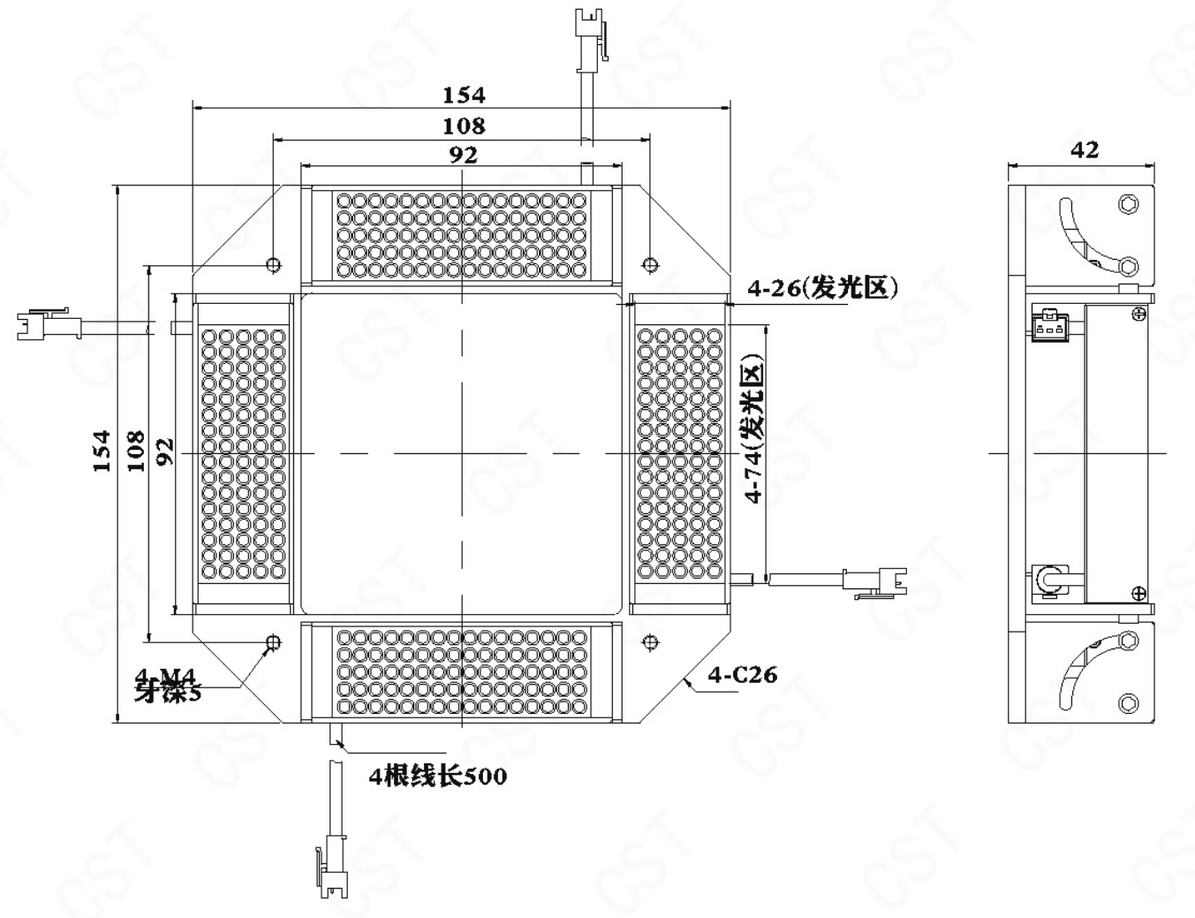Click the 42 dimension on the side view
[x=1085, y=149]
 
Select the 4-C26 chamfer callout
[x=742, y=675]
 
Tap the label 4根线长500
[x=438, y=776]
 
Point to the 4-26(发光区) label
[x=822, y=288]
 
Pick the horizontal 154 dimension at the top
[x=464, y=95]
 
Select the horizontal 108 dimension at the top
[x=464, y=125]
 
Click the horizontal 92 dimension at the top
[x=464, y=155]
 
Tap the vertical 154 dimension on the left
[x=102, y=451]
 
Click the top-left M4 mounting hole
[x=273, y=264]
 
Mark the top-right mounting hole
[x=651, y=264]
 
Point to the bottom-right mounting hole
[x=651, y=642]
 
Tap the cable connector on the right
[x=875, y=581]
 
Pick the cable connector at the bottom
[x=332, y=870]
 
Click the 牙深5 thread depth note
[x=168, y=694]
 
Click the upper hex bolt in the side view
[x=1128, y=204]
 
